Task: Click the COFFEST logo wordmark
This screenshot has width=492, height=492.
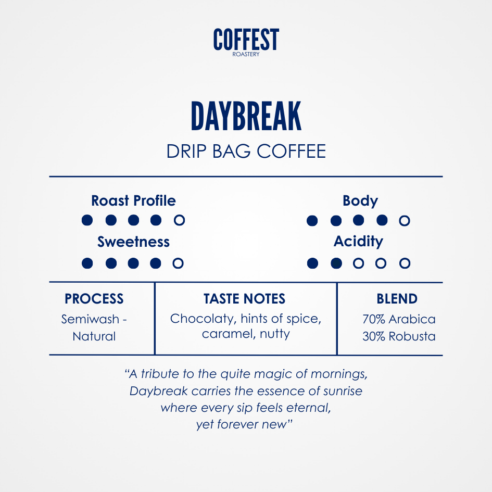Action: click(246, 39)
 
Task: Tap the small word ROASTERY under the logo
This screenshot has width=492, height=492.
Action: click(246, 54)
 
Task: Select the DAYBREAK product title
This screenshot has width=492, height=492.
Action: click(246, 116)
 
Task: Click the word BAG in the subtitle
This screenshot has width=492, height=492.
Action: click(232, 151)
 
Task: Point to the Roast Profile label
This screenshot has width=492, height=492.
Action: click(133, 201)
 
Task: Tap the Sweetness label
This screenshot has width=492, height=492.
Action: click(133, 242)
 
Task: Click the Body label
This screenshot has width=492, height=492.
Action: click(360, 201)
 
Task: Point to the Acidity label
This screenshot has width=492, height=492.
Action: click(358, 242)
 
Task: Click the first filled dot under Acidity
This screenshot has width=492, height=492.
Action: click(312, 263)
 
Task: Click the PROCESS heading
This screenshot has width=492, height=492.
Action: click(94, 299)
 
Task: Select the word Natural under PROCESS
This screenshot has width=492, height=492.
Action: click(94, 336)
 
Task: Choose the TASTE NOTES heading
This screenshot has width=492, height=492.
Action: click(244, 299)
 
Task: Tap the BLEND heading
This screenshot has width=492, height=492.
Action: click(397, 299)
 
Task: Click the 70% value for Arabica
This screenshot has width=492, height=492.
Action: click(374, 320)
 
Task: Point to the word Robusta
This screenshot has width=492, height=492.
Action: click(412, 336)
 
